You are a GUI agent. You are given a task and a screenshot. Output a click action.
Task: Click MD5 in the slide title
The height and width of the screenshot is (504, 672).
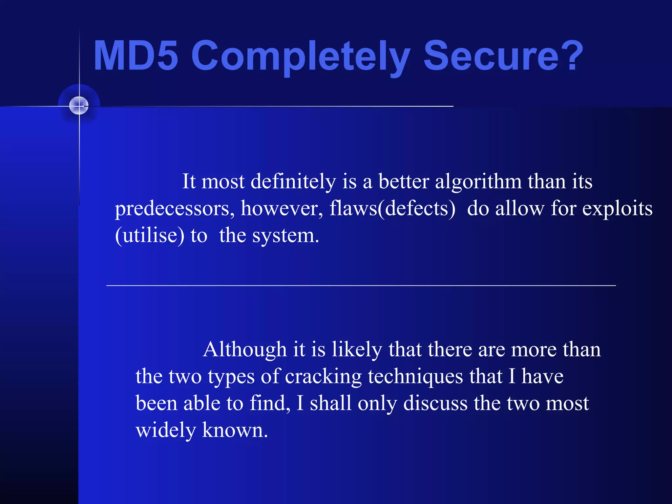[x=136, y=56]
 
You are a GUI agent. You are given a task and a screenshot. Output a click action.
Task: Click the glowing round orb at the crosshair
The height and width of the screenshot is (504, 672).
[x=79, y=106]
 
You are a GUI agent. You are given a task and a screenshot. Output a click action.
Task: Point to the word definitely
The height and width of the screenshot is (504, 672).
[x=293, y=181]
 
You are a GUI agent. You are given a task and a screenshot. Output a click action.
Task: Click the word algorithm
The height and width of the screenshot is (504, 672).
[x=478, y=181]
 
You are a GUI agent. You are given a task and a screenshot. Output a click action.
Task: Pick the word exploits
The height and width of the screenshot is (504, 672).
[x=617, y=209]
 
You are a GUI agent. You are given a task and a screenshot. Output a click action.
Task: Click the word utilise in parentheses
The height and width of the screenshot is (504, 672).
[x=150, y=236]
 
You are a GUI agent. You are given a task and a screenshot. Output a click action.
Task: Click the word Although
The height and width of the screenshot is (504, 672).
[x=245, y=349]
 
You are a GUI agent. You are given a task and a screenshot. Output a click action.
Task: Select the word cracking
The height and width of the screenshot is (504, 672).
[x=323, y=377]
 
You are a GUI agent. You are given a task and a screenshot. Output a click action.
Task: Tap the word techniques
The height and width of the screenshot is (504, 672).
[x=415, y=377]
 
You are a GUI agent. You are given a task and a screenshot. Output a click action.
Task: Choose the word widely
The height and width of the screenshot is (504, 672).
[x=166, y=430]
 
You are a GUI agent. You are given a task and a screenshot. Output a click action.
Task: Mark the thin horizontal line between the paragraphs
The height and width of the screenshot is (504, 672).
[x=361, y=286]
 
